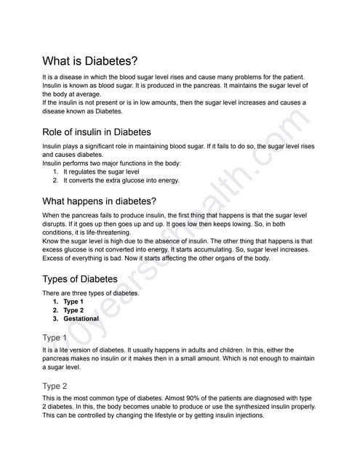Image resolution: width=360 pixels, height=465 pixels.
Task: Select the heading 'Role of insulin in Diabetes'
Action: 97,132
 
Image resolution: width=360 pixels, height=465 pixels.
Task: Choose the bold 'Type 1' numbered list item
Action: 73,302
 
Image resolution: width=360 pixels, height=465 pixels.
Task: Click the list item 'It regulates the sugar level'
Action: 105,171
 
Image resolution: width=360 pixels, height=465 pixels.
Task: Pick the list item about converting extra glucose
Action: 121,180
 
